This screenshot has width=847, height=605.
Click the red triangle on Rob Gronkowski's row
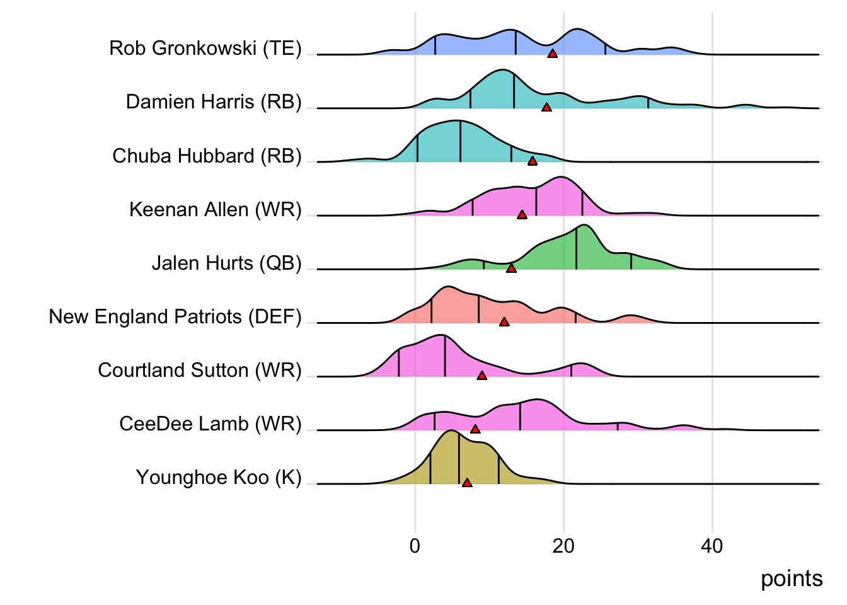tap(552, 54)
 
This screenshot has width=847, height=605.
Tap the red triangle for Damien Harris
tap(546, 107)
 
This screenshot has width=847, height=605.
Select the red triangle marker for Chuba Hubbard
tap(533, 161)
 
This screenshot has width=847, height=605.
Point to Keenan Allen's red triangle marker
tap(522, 215)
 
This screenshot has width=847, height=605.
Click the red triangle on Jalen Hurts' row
tap(511, 268)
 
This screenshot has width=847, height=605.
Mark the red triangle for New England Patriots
tap(504, 322)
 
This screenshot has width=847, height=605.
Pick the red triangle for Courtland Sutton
tap(481, 376)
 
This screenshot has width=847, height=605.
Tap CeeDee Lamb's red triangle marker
tap(475, 429)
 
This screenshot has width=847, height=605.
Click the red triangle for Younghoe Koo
tap(467, 483)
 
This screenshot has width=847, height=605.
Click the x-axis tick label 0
tap(415, 546)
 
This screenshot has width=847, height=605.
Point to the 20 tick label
tap(563, 546)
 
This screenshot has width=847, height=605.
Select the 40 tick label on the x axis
tap(712, 546)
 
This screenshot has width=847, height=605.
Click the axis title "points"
tap(792, 579)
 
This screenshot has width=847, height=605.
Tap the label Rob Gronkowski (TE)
tap(205, 48)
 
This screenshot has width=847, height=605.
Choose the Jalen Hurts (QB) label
tap(227, 263)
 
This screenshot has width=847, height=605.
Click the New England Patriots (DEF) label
tap(175, 316)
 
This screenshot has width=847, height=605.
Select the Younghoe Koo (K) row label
tap(219, 477)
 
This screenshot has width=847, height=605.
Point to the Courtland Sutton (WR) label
tap(200, 370)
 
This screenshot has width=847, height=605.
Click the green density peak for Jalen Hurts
tap(584, 227)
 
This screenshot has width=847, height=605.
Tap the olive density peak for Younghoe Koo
tap(451, 432)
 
